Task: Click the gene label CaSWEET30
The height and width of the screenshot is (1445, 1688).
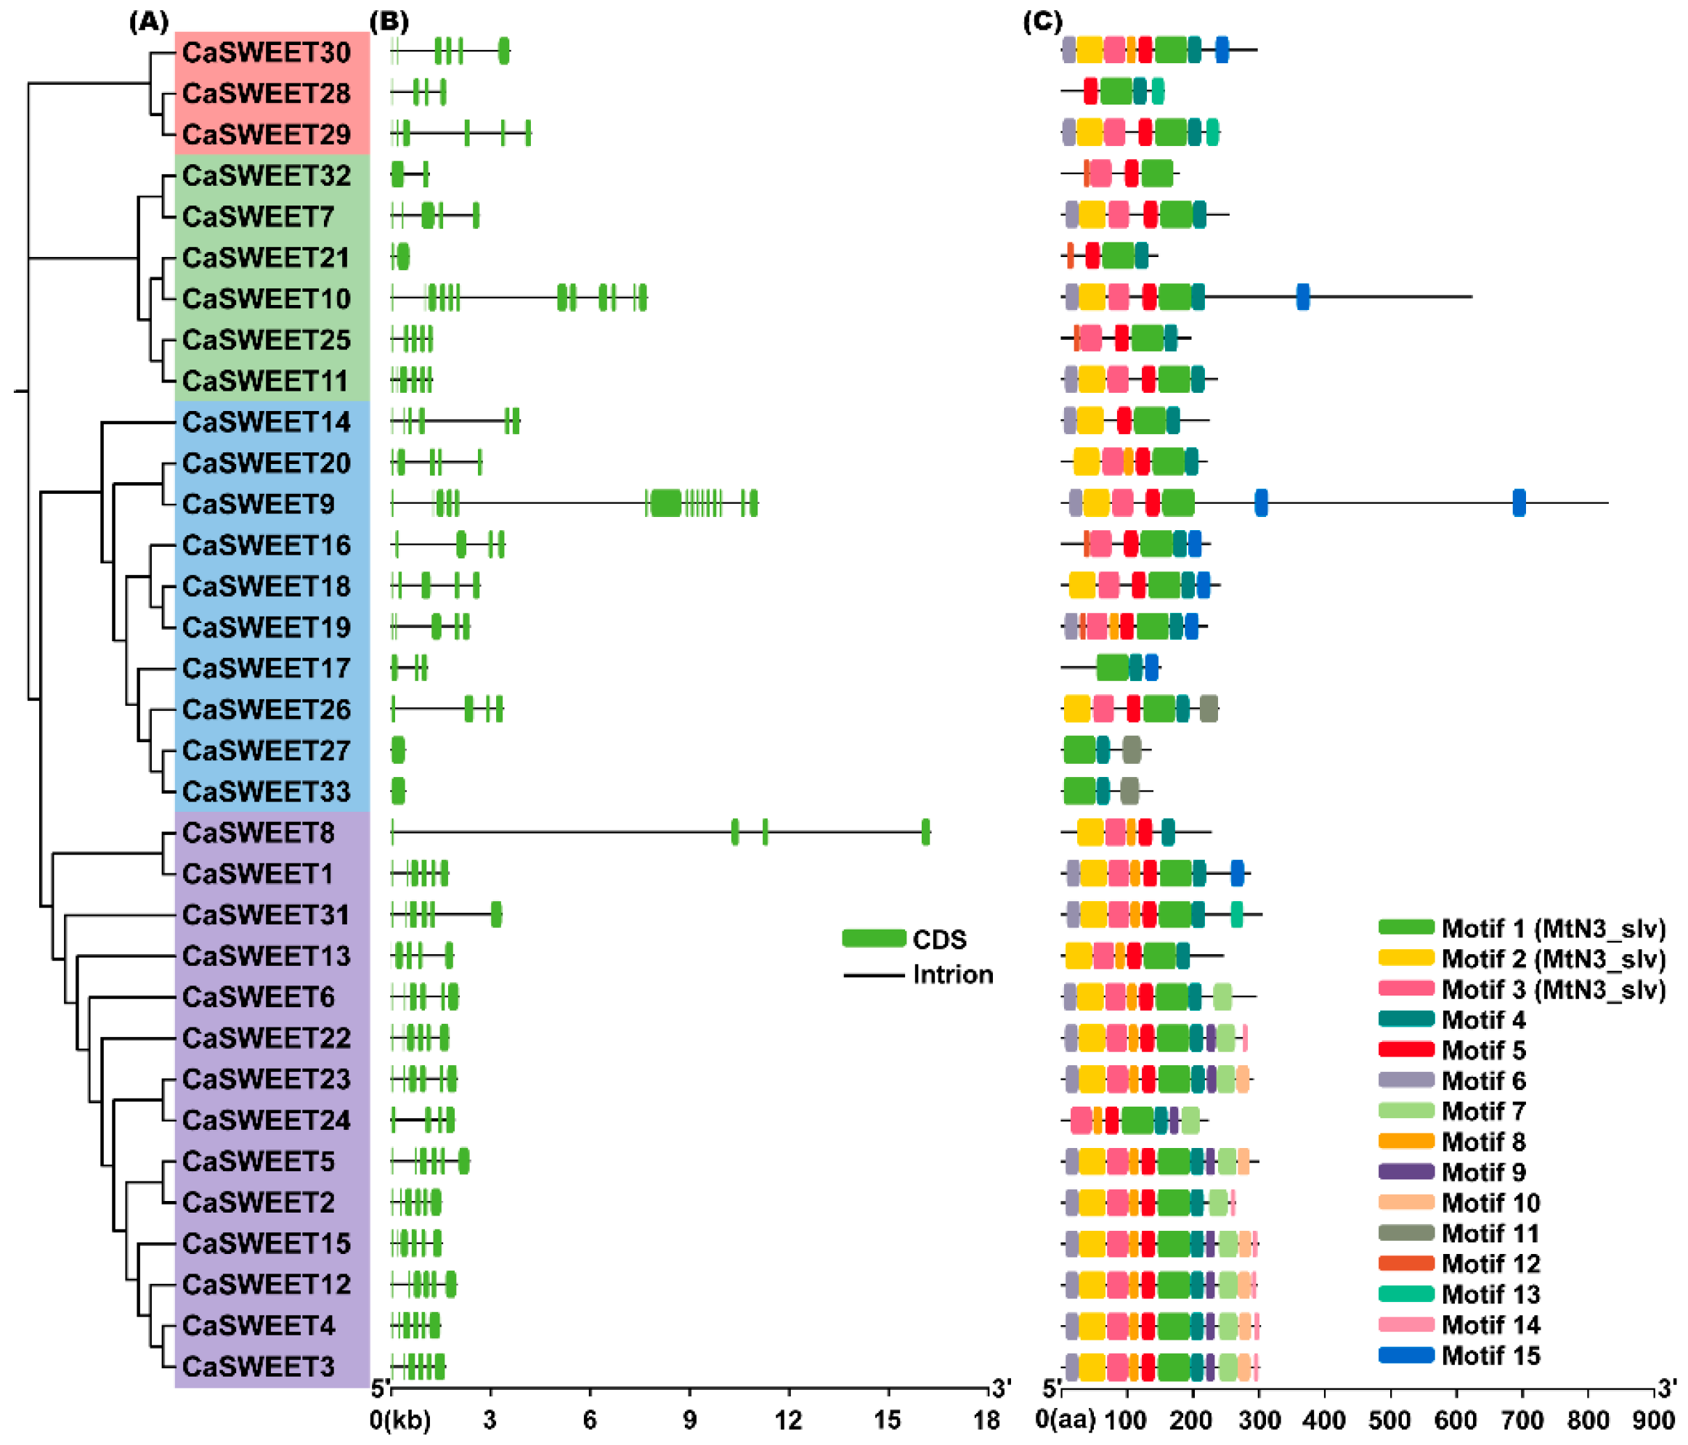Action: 266,52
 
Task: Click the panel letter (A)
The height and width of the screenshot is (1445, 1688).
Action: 149,21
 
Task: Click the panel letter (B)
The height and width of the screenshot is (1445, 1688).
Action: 389,21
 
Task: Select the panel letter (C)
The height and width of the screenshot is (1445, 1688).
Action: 1043,21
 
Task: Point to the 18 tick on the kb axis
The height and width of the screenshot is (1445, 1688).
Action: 986,1420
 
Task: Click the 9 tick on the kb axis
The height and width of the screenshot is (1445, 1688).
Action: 689,1420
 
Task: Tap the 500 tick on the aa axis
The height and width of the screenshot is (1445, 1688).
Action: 1389,1420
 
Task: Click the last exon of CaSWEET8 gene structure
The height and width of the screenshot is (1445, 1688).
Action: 925,832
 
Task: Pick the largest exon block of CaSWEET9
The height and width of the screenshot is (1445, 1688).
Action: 665,502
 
